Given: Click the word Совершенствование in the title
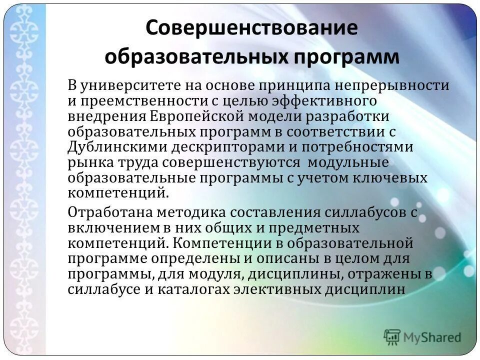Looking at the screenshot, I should (x=252, y=27).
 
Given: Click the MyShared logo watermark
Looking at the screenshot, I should (x=423, y=337).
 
